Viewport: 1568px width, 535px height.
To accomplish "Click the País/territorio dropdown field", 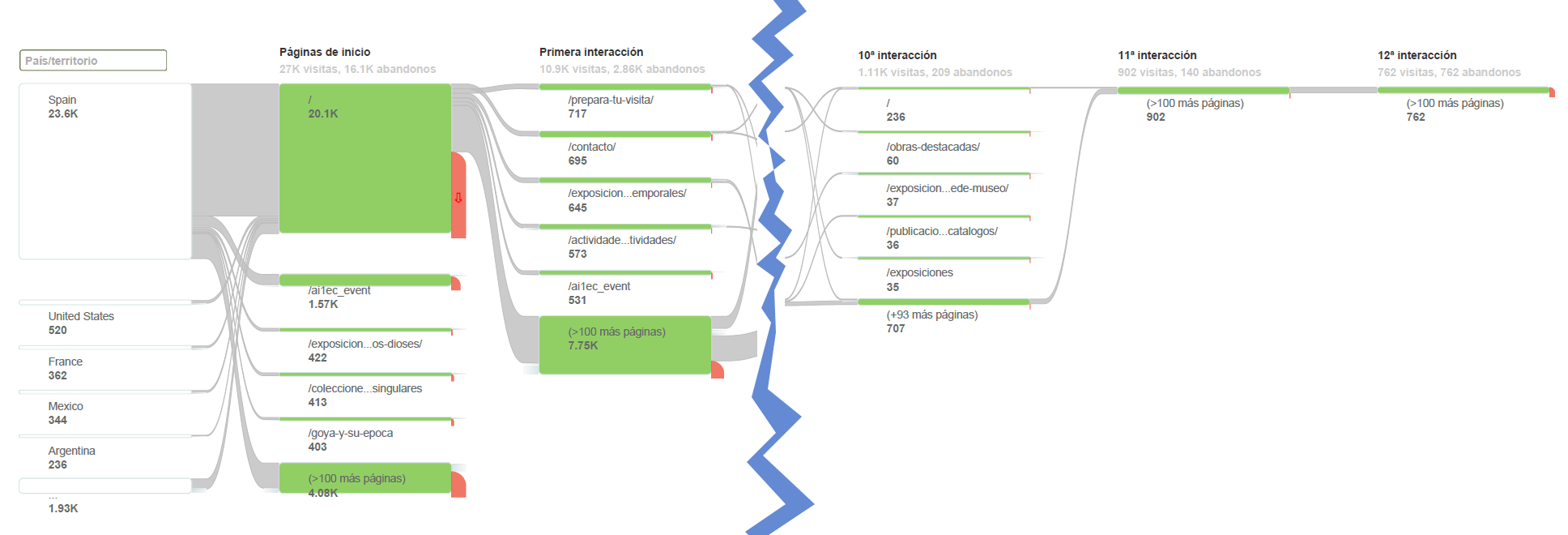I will click(93, 61).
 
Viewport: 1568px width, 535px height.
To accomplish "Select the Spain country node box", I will click(105, 171).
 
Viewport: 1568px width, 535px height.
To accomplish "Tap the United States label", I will click(81, 316).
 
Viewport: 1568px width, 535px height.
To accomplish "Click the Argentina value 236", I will click(58, 464).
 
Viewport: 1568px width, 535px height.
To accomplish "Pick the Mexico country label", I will click(66, 406).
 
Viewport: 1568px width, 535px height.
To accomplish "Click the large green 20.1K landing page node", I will click(364, 159).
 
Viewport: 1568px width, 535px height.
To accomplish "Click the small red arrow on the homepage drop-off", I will click(458, 198).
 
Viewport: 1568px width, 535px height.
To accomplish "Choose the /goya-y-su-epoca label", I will click(350, 433).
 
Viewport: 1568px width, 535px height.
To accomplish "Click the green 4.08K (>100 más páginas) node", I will click(364, 478).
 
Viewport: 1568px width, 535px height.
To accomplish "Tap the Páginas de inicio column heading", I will click(325, 52).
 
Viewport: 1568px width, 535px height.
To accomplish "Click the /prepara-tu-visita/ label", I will click(611, 100).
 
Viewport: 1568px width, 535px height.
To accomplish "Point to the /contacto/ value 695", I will click(577, 160).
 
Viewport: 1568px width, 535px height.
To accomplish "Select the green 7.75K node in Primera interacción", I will click(624, 345).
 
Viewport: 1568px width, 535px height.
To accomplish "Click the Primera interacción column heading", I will click(591, 52).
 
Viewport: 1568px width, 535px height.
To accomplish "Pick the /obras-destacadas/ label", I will click(933, 147).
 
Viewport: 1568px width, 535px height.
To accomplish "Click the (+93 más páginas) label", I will click(931, 315).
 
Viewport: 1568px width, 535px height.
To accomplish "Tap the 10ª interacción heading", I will click(897, 55).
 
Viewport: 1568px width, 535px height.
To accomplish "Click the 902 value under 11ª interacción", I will click(1156, 117).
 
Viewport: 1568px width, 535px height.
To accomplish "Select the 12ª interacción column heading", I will click(1417, 55).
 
